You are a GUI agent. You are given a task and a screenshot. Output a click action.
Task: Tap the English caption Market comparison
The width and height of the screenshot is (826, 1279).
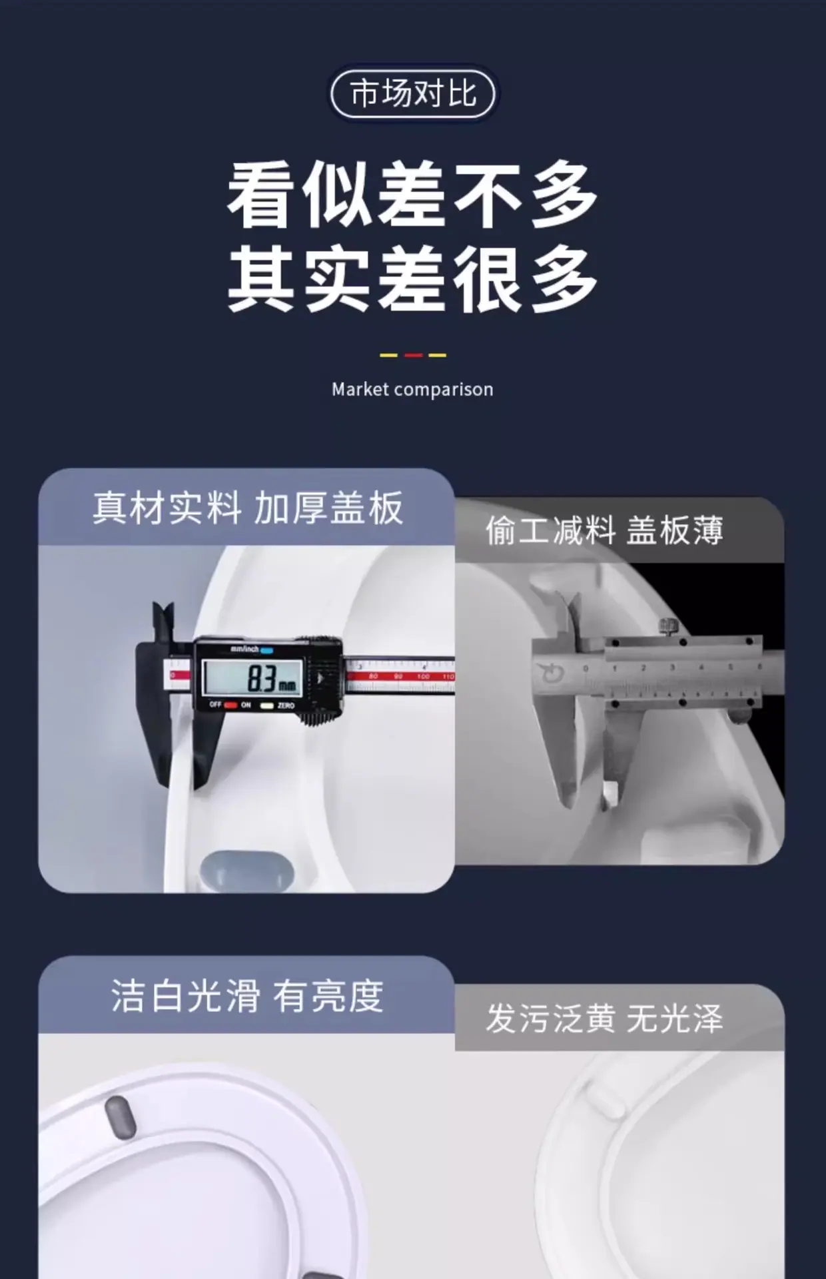(412, 390)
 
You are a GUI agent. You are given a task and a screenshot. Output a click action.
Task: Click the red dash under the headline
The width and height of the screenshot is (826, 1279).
(413, 355)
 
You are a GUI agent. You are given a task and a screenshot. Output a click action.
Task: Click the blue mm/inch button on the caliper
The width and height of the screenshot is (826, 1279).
(266, 650)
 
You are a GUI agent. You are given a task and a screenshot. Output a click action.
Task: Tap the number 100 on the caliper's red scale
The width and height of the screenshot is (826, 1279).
(423, 676)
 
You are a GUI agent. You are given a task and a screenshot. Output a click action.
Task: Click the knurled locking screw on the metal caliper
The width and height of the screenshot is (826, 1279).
(667, 627)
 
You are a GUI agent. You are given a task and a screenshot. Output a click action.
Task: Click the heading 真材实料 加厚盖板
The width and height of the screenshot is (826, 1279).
(248, 508)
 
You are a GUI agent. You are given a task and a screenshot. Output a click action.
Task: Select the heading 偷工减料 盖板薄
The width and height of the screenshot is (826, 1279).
(604, 531)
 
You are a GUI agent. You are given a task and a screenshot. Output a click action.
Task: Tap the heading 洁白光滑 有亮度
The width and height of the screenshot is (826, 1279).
(247, 996)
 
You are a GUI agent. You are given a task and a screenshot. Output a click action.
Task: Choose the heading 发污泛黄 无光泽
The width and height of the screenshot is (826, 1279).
(604, 1019)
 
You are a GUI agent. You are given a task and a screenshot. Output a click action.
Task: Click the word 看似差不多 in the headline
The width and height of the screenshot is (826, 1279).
(412, 194)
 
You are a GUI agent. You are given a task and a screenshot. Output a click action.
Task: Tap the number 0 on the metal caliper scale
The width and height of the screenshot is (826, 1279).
(586, 667)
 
